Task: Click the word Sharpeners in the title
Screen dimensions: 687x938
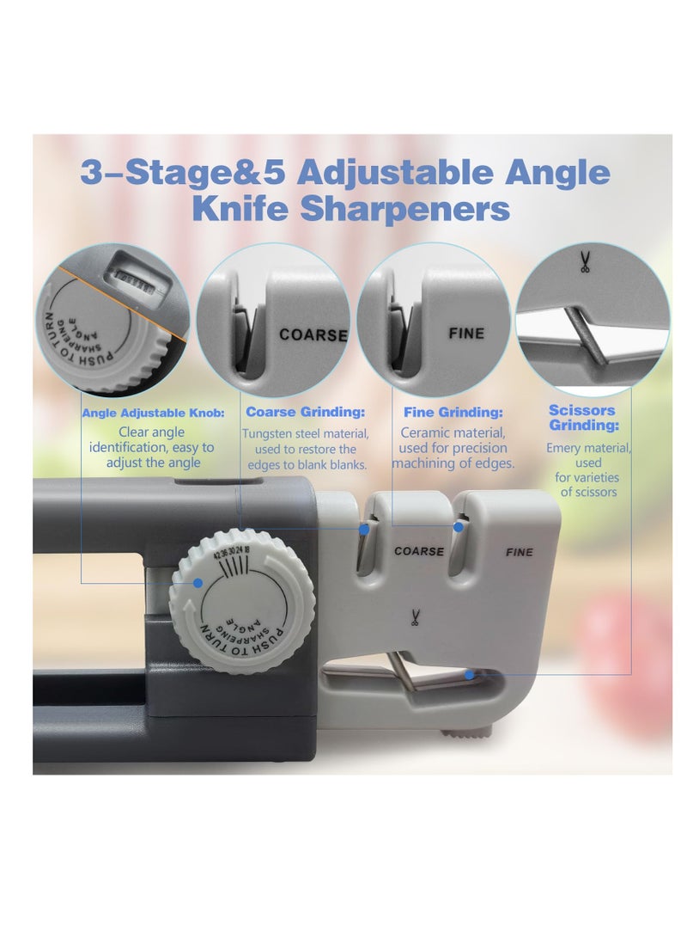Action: pyautogui.click(x=404, y=209)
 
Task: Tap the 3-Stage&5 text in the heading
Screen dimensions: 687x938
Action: pyautogui.click(x=182, y=172)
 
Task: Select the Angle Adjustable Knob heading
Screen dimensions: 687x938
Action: pyautogui.click(x=153, y=413)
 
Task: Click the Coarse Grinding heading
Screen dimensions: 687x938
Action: pyautogui.click(x=305, y=412)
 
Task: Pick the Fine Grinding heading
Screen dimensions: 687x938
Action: pyautogui.click(x=453, y=412)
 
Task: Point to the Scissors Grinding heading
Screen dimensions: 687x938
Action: pyautogui.click(x=584, y=418)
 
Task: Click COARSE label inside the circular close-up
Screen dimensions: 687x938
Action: pyautogui.click(x=313, y=334)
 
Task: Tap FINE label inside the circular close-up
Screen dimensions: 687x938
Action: pyautogui.click(x=466, y=334)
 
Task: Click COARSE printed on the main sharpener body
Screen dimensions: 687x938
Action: pyautogui.click(x=419, y=551)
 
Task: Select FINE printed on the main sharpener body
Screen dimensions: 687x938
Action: pyautogui.click(x=520, y=552)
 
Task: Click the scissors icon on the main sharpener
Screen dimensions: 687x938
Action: pyautogui.click(x=414, y=616)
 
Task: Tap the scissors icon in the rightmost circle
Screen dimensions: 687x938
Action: pyautogui.click(x=584, y=262)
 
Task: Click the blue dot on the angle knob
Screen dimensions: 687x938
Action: pyautogui.click(x=198, y=583)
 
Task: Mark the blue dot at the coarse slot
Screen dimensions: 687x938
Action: pyautogui.click(x=364, y=529)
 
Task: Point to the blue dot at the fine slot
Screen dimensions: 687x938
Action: pyautogui.click(x=459, y=527)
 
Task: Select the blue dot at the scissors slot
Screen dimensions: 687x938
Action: pyautogui.click(x=470, y=675)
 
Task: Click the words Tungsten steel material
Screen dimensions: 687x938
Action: pyautogui.click(x=305, y=433)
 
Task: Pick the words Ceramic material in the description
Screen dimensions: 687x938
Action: pyautogui.click(x=453, y=432)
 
